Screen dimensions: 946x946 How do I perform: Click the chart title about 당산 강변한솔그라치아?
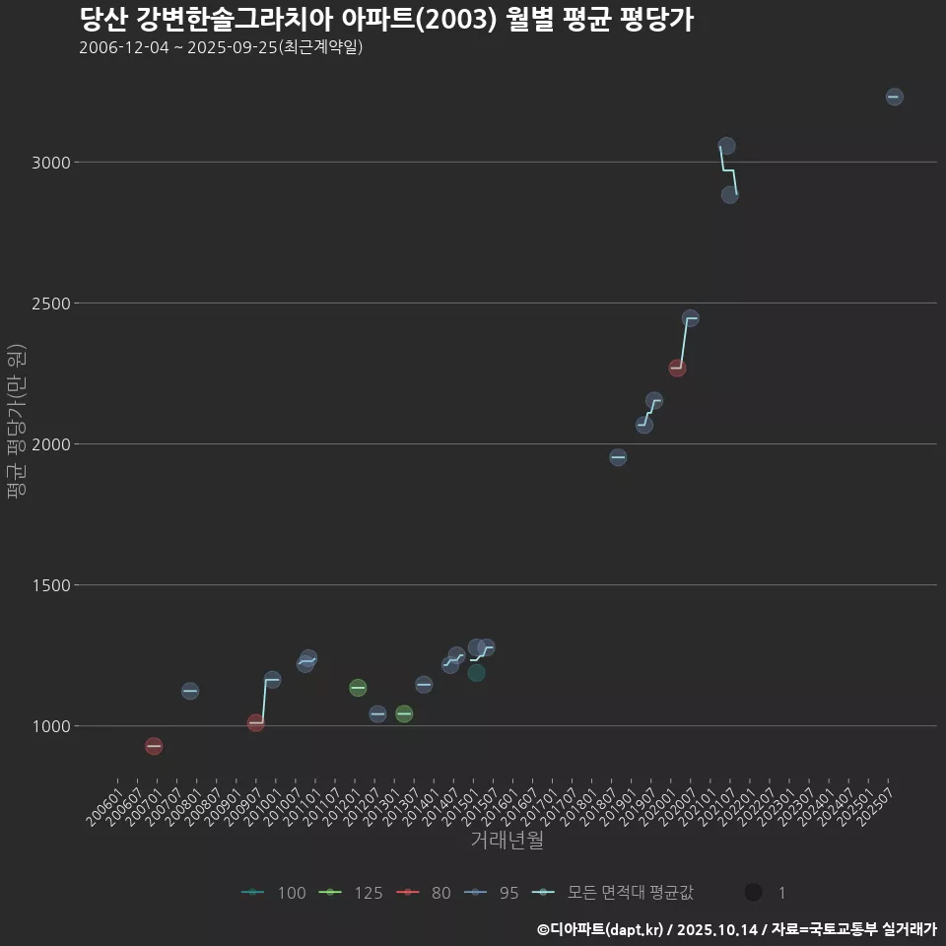coord(386,20)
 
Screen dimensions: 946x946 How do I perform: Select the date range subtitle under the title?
coord(221,47)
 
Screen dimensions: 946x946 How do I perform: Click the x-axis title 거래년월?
coord(507,841)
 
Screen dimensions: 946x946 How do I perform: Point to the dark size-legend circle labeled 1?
coord(754,893)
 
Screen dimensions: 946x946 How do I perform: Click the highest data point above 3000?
coord(894,97)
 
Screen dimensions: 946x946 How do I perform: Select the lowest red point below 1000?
coord(154,746)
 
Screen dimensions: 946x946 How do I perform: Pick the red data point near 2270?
coord(677,368)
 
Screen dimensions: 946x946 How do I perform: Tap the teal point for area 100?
coord(476,673)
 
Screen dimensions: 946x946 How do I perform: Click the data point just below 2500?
coord(690,318)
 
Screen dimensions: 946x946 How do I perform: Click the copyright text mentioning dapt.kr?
coord(736,929)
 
